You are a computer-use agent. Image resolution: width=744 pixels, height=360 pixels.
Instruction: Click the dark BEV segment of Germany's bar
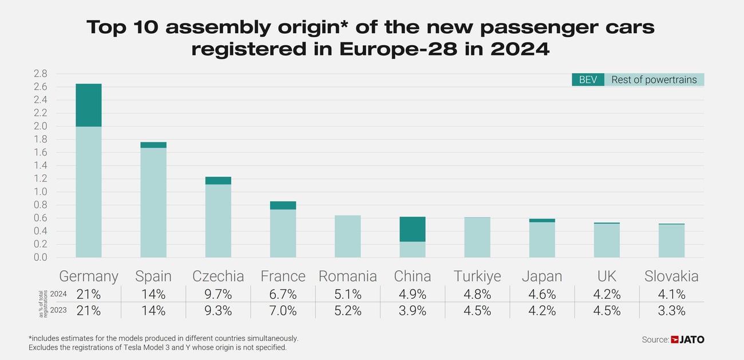click(89, 105)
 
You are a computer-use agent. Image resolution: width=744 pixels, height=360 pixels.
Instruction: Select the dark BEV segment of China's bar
click(412, 229)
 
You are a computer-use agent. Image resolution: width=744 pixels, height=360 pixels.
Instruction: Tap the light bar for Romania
click(347, 236)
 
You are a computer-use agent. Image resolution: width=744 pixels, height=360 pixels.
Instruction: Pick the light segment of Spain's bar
click(153, 202)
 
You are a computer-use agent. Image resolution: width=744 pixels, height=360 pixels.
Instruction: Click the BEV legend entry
click(588, 80)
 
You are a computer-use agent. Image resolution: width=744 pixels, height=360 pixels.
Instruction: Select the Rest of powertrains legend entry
click(654, 80)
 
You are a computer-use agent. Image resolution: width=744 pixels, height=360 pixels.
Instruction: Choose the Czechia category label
click(218, 276)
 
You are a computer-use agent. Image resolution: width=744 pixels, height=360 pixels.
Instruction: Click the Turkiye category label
click(477, 276)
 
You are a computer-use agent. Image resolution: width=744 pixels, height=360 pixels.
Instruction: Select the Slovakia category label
click(671, 276)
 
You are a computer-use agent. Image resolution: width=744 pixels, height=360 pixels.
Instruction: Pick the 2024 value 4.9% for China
click(412, 295)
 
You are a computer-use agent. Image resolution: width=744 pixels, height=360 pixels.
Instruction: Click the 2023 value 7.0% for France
click(283, 311)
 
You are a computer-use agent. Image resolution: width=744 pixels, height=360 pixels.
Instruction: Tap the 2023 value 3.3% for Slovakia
click(671, 311)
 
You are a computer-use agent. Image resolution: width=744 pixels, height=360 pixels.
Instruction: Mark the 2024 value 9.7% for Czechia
click(218, 295)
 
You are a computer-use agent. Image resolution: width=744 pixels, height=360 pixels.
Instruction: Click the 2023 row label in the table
click(59, 311)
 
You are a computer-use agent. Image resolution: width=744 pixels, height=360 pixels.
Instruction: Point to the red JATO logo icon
click(674, 340)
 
